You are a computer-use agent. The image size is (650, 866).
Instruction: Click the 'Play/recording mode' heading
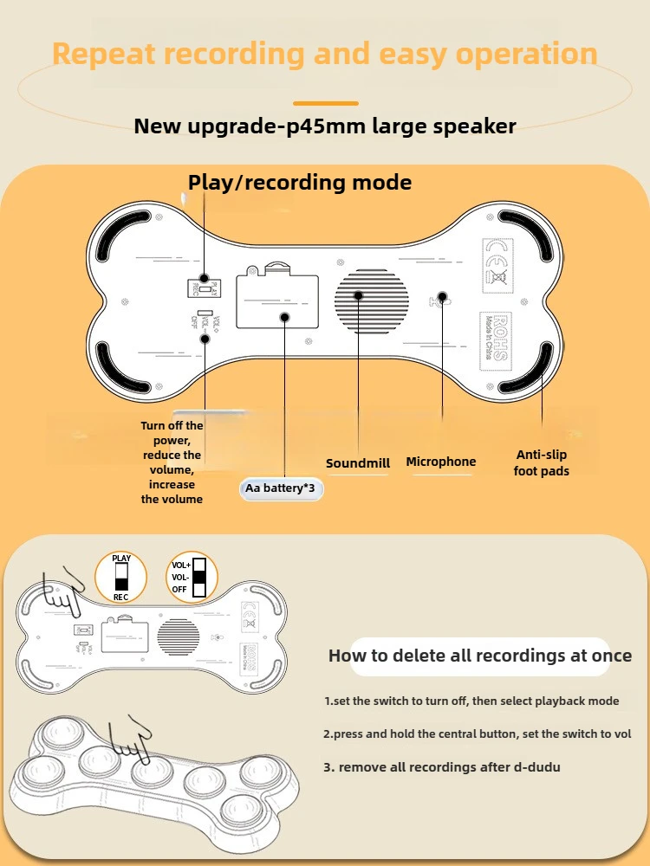coord(300,183)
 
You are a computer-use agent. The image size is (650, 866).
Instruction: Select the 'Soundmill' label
coord(358,463)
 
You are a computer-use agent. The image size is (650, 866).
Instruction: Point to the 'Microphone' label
coord(441,462)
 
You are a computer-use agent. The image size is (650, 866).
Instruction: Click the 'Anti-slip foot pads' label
coord(542,462)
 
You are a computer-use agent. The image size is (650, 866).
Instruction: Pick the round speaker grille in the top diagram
coord(372,300)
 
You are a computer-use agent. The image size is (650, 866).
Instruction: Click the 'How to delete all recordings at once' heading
coord(480,656)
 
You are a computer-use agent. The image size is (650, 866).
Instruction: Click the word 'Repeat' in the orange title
coord(105,54)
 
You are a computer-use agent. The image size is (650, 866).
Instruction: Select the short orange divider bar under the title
coord(325,103)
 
